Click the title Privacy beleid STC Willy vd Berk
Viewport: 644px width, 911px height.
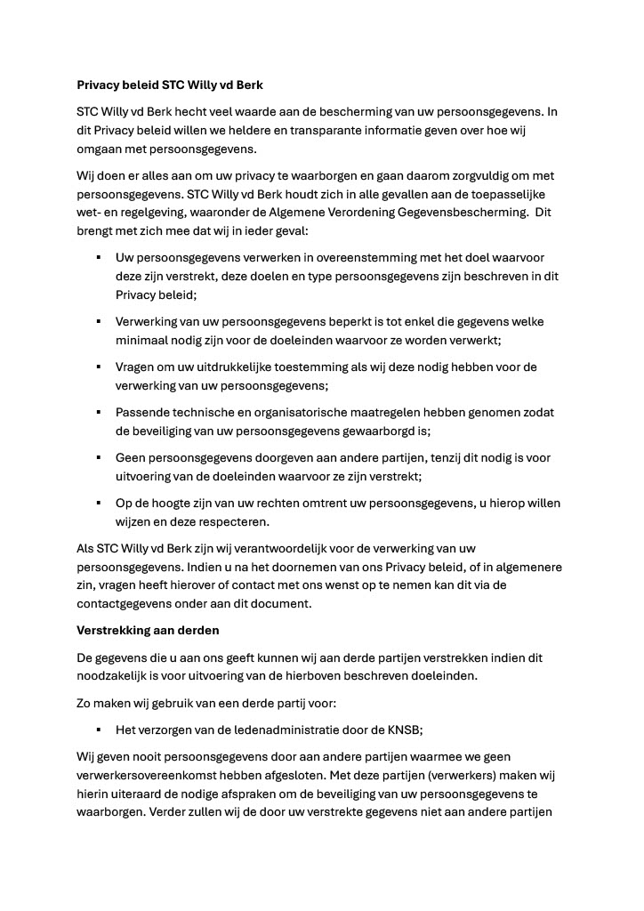coord(170,86)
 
